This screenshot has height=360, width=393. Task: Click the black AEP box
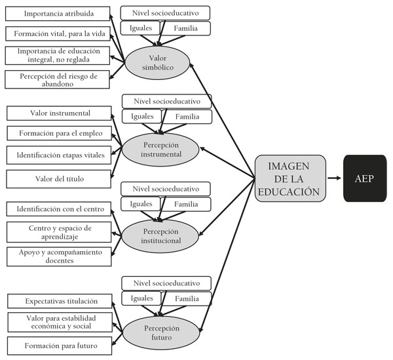364,178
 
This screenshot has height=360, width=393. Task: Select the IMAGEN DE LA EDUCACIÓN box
290,178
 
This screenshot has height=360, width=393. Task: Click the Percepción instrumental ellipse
160,148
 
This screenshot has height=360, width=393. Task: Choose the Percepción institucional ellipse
160,235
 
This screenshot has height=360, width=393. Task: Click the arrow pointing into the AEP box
334,178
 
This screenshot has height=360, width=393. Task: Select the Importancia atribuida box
58,13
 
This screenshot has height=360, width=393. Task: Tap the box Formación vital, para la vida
58,33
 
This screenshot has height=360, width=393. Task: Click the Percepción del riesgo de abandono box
58,79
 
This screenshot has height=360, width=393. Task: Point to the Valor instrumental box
60,113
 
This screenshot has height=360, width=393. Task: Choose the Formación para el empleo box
60,134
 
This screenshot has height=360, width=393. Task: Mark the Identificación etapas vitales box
60,155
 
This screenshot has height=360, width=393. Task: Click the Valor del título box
60,178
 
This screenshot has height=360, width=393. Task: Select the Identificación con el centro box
60,209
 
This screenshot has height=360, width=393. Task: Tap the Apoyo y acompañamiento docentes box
60,256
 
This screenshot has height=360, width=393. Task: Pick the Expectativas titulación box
60,301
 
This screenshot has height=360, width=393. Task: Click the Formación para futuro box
60,346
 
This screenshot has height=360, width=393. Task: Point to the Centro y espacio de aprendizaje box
60,232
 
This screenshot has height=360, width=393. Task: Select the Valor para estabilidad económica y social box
60,322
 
